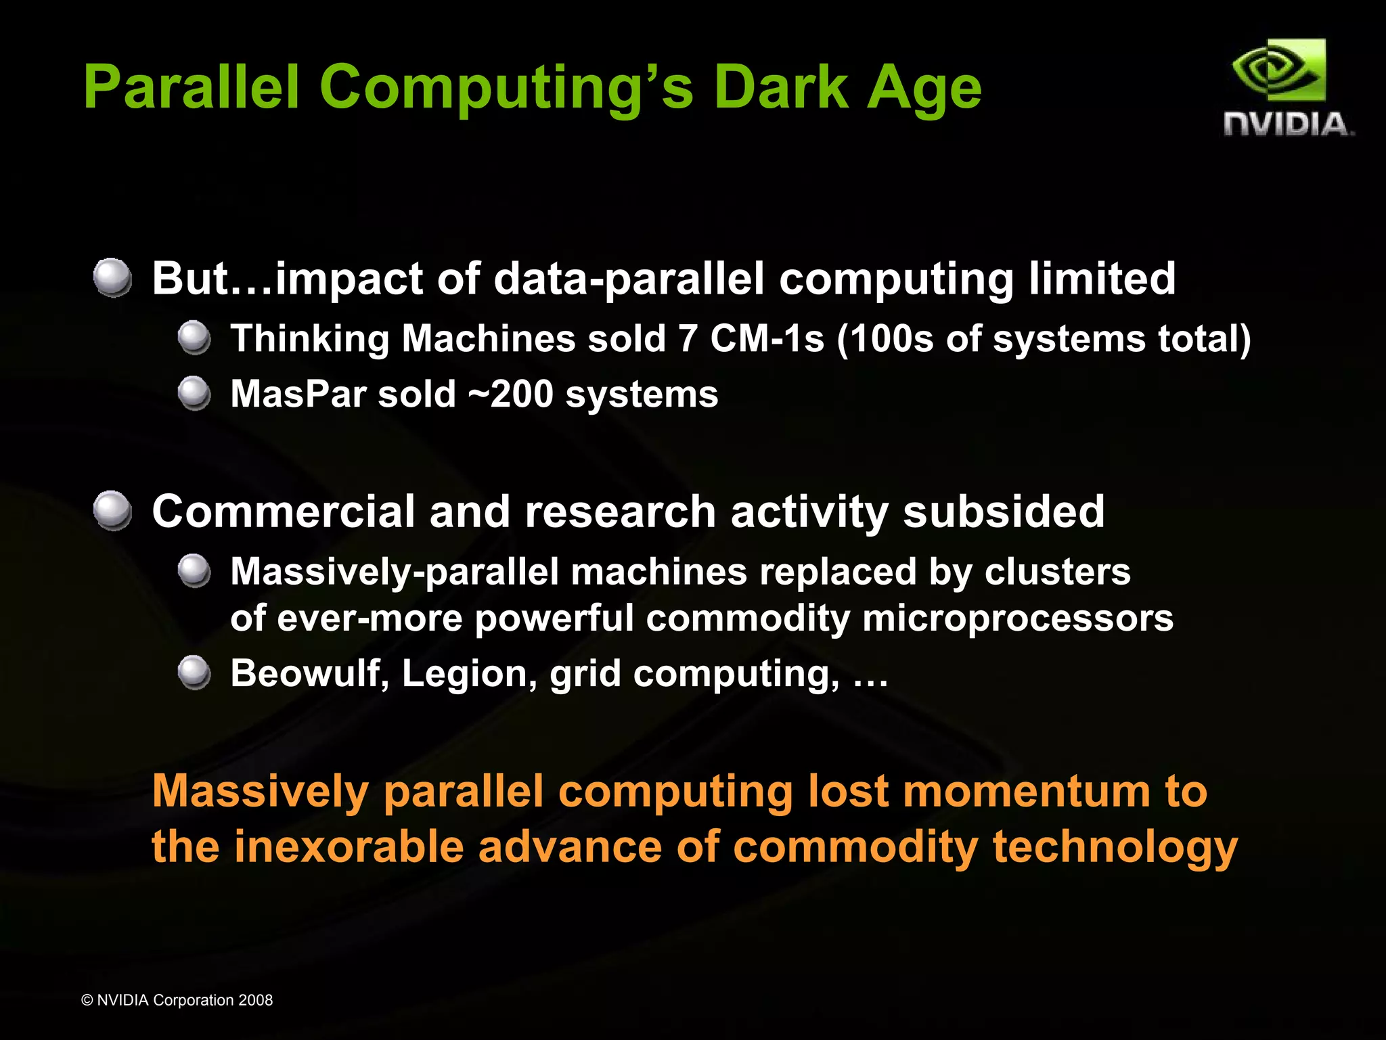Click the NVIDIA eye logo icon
[x=1278, y=71]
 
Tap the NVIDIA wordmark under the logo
[x=1289, y=125]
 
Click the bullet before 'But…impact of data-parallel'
[x=112, y=277]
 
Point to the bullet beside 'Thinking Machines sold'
[x=195, y=338]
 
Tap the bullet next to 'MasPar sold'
[x=195, y=393]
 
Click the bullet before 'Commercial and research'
[x=112, y=511]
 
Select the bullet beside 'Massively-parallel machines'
[x=195, y=571]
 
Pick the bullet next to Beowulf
[x=195, y=673]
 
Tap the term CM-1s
[x=767, y=338]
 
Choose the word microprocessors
[x=1018, y=618]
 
